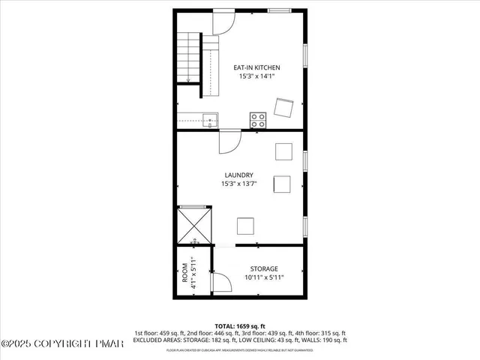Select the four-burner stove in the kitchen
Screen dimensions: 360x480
[257, 118]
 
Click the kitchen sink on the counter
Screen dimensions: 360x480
[208, 118]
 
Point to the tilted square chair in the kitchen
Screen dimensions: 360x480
[284, 108]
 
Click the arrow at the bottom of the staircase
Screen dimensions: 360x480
[188, 78]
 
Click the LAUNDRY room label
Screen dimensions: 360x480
[239, 175]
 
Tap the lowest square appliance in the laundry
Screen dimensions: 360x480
[246, 225]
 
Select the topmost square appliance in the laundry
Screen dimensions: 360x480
[283, 151]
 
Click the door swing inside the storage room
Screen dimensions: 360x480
[220, 283]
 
